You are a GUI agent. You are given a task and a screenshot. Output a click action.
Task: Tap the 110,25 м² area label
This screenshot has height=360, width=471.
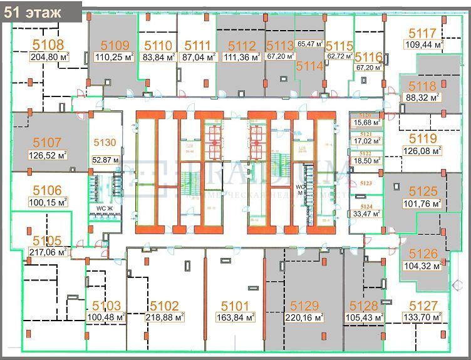click(113, 56)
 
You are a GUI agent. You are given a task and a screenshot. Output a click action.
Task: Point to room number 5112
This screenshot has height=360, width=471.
click(242, 46)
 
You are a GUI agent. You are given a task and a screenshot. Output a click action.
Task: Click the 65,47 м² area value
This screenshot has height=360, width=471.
click(311, 44)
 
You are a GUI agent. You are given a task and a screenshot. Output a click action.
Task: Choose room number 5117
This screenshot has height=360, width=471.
click(422, 34)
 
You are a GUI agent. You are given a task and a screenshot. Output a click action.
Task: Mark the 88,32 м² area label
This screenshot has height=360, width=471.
click(423, 98)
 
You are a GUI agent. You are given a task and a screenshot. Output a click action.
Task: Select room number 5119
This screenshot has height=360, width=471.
click(422, 138)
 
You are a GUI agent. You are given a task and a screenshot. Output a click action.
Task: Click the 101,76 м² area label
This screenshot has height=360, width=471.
click(423, 203)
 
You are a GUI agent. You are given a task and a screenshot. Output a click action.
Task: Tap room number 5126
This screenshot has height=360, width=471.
click(423, 254)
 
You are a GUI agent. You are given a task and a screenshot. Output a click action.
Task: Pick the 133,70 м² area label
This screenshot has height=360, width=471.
click(423, 317)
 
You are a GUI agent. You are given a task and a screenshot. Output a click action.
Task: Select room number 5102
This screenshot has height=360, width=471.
click(164, 306)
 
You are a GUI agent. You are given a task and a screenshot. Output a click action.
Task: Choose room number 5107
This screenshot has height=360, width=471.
click(47, 143)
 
